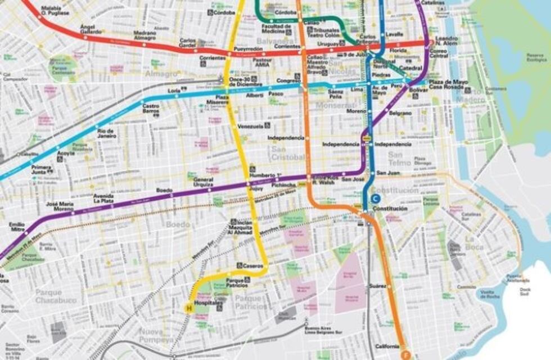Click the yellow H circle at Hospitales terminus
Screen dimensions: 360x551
pos(189,307)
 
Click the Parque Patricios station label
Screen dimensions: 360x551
pos(236,283)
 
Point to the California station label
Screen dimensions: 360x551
pos(387,346)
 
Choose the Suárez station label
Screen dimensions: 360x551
pos(377,286)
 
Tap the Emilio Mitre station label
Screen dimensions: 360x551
pos(17,228)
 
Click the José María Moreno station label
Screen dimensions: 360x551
pos(60,206)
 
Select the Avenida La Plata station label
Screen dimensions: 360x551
pos(103,199)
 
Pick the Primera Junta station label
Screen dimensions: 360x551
pos(41,170)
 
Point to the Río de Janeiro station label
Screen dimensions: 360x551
pos(106,133)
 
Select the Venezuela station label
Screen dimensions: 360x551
pos(250,126)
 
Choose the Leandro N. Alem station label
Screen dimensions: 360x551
pos(447,41)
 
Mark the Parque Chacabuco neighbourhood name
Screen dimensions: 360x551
pos(56,296)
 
